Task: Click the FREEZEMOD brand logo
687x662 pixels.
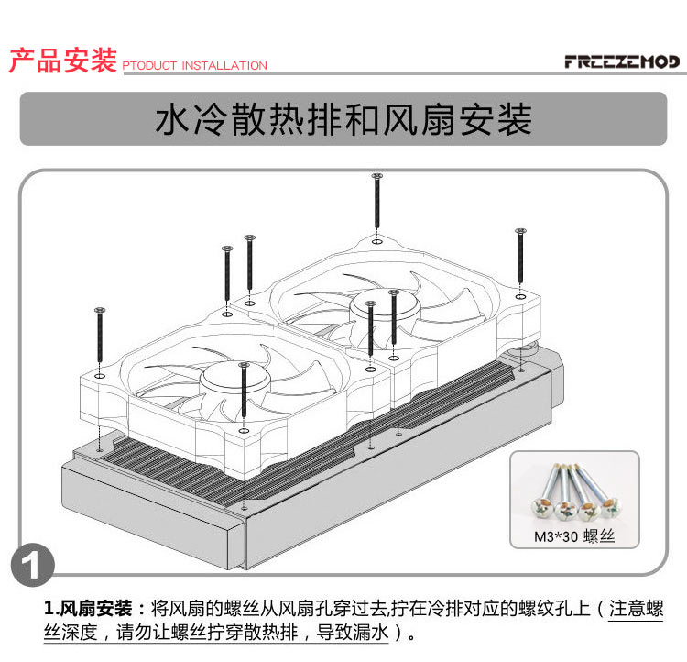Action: click(x=622, y=61)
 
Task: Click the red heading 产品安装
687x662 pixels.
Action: click(x=63, y=61)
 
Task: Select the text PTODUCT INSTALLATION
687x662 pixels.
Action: click(x=194, y=65)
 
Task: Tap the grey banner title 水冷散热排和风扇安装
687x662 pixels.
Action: click(x=343, y=119)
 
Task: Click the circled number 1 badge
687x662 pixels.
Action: click(x=33, y=565)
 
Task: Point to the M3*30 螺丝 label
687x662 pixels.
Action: click(x=574, y=536)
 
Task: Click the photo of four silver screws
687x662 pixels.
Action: click(x=576, y=491)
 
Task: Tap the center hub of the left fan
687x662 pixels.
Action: click(x=234, y=378)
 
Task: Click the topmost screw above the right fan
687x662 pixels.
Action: click(x=376, y=201)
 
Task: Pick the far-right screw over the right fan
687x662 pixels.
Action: click(x=520, y=256)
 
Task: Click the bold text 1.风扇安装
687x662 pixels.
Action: click(x=88, y=609)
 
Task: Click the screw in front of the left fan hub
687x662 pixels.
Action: click(x=244, y=390)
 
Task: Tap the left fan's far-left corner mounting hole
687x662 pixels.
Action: click(x=100, y=377)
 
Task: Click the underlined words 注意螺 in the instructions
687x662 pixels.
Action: click(x=637, y=609)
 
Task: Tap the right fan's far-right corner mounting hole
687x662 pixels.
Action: click(x=520, y=297)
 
